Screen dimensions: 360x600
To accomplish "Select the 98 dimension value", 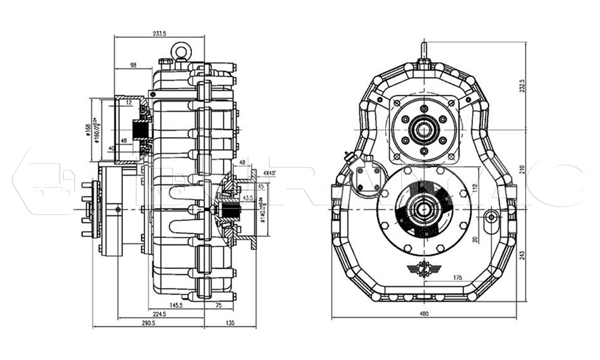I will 133,65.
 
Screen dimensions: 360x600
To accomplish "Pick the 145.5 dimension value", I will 175,305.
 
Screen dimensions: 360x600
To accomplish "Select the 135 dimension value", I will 230,322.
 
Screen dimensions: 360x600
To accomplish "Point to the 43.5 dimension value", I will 247,197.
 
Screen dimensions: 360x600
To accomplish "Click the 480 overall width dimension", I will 424,313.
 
